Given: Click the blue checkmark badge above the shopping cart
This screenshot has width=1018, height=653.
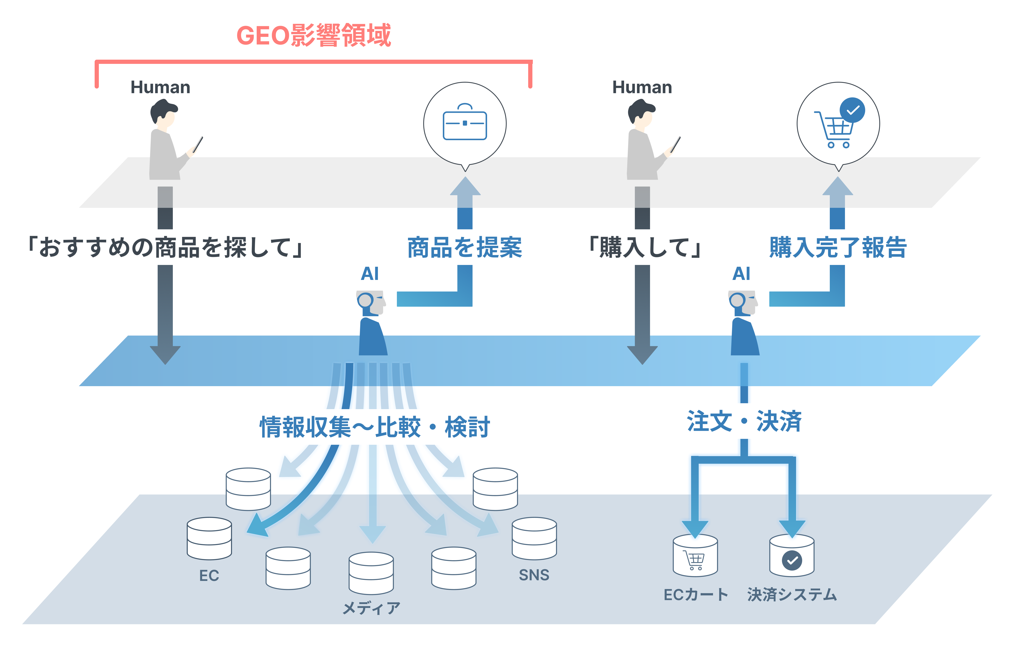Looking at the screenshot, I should (852, 110).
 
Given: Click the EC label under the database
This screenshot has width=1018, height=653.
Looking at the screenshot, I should (209, 575).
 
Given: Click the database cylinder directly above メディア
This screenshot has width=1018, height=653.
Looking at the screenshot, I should (371, 573).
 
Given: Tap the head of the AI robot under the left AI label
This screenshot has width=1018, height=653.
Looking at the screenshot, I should (371, 302).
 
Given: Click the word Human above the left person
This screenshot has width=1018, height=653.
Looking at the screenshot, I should (160, 87).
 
